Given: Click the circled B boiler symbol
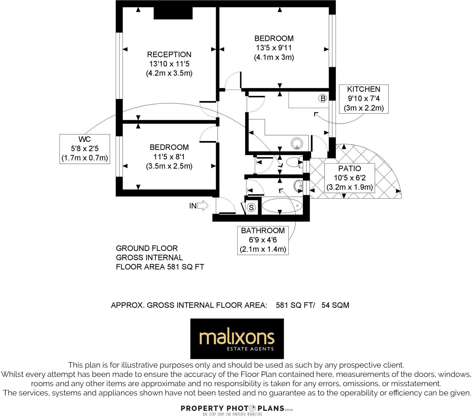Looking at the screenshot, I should [x=323, y=98].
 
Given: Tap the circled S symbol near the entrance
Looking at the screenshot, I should [x=252, y=207].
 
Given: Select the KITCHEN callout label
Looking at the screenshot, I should [x=363, y=99].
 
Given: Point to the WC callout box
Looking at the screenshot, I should [x=85, y=149].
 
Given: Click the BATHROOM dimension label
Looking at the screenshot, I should [x=263, y=240].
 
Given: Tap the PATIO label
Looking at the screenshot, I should [x=349, y=169].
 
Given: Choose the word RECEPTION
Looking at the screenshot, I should [x=169, y=54].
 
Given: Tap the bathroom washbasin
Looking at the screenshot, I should [x=298, y=186].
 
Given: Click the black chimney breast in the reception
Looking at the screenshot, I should [x=173, y=13].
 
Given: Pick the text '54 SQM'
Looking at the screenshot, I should [x=335, y=305].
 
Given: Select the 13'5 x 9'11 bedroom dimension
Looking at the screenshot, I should [x=274, y=48].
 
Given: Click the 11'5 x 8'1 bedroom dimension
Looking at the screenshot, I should [x=169, y=157].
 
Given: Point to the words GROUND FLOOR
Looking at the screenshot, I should [x=147, y=248].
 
